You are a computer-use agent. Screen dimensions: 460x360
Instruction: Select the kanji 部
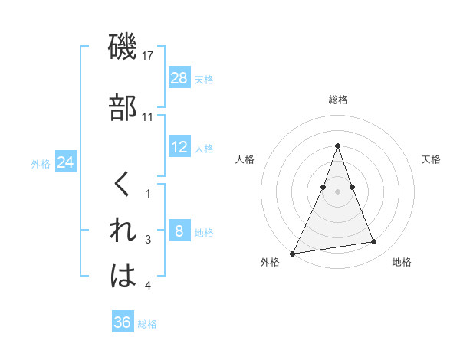tap(123, 107)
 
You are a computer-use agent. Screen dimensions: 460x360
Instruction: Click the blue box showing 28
tap(179, 78)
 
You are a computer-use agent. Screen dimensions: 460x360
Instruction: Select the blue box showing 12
tap(179, 147)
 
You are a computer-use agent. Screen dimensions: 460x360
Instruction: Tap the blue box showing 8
tap(179, 231)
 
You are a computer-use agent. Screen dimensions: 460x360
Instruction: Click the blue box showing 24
tap(65, 162)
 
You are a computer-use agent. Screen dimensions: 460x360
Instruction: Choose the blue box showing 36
tap(123, 322)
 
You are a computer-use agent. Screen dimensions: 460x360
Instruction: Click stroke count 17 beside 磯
tap(149, 56)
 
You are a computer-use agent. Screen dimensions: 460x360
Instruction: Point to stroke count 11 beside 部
tap(149, 117)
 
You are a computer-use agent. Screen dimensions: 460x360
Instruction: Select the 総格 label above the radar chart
tap(338, 100)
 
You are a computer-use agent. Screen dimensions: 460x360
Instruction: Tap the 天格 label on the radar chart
tap(432, 159)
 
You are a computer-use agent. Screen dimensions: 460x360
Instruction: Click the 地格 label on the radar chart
tap(402, 262)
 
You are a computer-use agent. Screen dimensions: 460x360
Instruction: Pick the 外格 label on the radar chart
tap(270, 262)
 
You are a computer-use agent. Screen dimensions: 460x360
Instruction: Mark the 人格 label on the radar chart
tap(245, 159)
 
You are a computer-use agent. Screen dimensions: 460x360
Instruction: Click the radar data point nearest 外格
tap(293, 253)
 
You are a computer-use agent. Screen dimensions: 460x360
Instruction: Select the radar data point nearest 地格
tap(374, 242)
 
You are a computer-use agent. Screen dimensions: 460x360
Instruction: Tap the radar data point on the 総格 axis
tap(337, 146)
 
